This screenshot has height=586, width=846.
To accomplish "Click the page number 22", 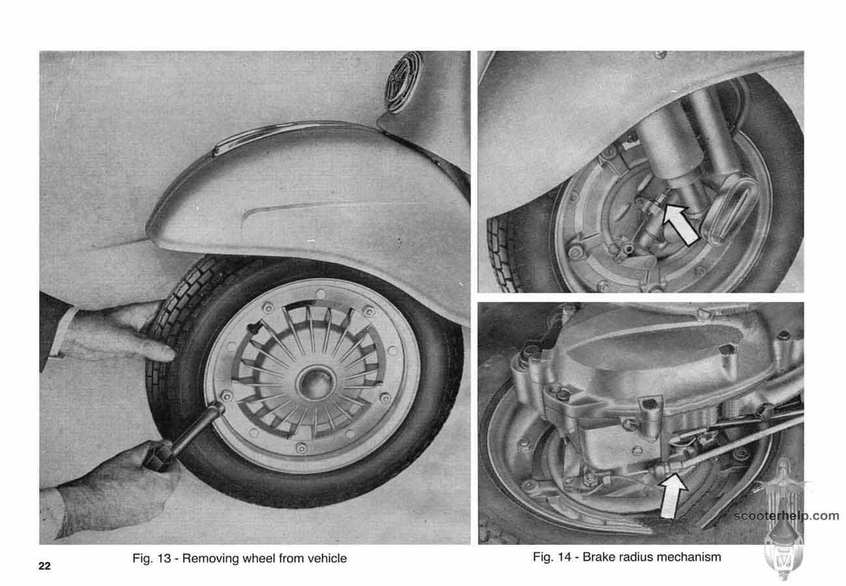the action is tap(44, 566).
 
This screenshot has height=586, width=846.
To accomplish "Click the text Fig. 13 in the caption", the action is tap(152, 559).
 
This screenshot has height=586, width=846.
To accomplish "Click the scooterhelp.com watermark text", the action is tap(786, 516).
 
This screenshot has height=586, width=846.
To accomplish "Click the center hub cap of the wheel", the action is tap(316, 383).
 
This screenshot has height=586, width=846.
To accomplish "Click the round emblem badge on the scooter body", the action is tap(403, 82).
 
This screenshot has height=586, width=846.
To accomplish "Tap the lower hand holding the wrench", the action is tap(113, 488).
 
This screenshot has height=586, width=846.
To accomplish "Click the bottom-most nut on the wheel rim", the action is tap(301, 448).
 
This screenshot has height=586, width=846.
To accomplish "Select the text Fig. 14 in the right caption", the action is tap(552, 557).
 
